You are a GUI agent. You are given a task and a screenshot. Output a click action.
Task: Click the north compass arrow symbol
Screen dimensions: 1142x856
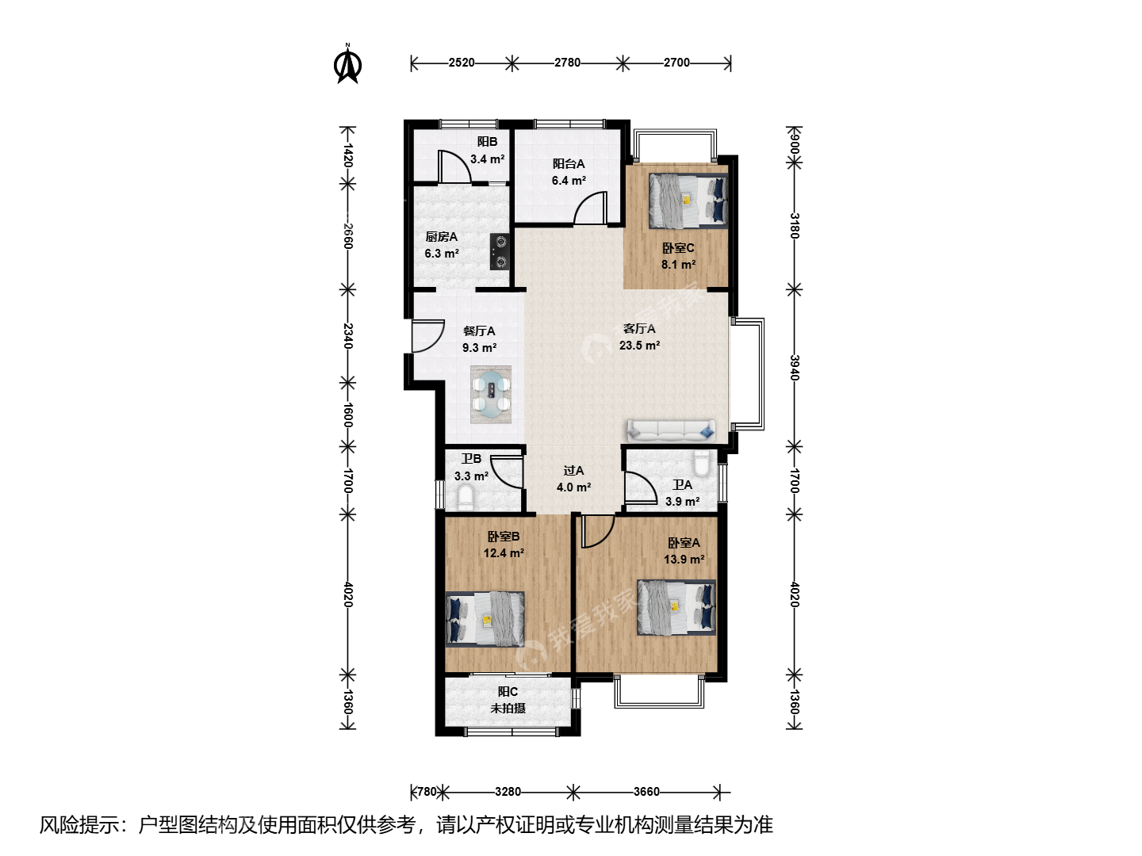pyautogui.click(x=347, y=65)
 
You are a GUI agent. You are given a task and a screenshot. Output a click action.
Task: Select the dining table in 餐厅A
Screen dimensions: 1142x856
pyautogui.click(x=491, y=395)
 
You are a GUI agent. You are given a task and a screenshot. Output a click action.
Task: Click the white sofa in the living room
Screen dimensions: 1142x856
pyautogui.click(x=671, y=430)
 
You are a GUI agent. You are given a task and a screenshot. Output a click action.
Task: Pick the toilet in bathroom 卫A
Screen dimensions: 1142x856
pyautogui.click(x=702, y=464)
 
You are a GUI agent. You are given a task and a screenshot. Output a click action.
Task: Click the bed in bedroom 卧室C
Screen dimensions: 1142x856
pyautogui.click(x=688, y=201)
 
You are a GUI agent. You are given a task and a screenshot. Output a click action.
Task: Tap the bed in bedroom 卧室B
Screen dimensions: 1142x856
pyautogui.click(x=485, y=618)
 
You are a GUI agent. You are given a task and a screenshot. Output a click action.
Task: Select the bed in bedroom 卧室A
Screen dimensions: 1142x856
pyautogui.click(x=676, y=608)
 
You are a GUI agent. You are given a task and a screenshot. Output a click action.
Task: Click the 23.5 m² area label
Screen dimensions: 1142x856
pyautogui.click(x=639, y=345)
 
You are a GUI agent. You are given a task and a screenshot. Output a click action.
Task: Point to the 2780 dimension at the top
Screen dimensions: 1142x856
pyautogui.click(x=567, y=63)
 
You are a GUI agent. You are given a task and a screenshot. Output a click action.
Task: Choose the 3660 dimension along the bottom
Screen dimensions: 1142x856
pyautogui.click(x=646, y=792)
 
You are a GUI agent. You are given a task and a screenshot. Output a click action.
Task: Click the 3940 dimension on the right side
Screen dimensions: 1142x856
pyautogui.click(x=794, y=368)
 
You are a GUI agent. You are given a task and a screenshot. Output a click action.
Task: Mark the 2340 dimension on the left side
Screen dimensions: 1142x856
pyautogui.click(x=348, y=336)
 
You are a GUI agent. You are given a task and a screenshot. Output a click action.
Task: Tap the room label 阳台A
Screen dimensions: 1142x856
pyautogui.click(x=569, y=164)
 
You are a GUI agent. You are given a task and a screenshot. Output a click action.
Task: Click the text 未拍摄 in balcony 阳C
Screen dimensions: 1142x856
pyautogui.click(x=508, y=709)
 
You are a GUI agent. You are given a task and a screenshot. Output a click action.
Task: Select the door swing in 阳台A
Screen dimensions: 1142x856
pyautogui.click(x=591, y=208)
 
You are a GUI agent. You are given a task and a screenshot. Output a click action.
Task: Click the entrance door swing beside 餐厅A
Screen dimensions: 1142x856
pyautogui.click(x=427, y=336)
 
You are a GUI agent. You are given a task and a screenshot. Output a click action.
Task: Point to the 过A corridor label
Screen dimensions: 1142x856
pyautogui.click(x=573, y=471)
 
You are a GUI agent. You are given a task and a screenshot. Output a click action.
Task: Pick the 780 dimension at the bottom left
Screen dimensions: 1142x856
pyautogui.click(x=427, y=792)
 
